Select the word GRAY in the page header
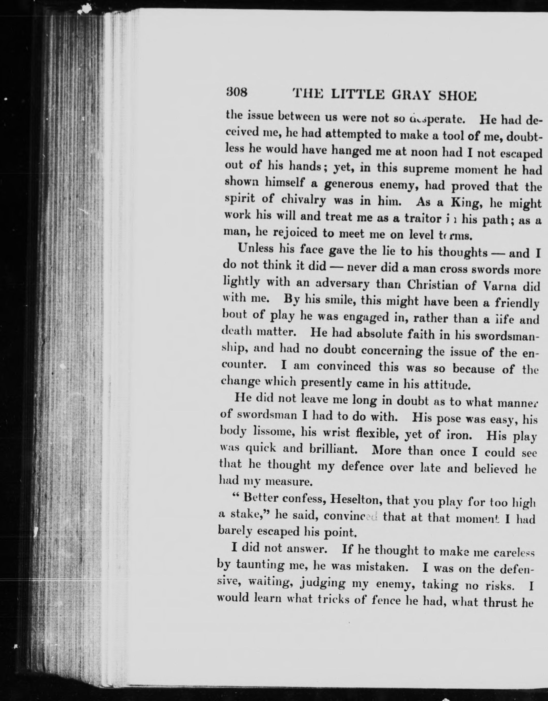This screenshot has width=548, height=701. point(411,95)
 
